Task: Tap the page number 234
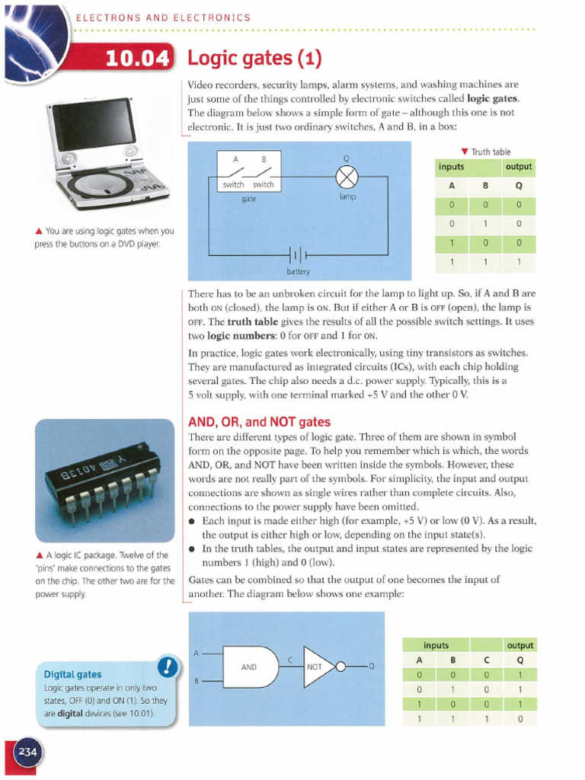click(28, 753)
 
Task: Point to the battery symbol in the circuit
click(299, 254)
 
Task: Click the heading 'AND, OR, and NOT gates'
click(259, 422)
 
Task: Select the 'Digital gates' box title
click(72, 674)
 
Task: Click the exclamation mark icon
click(167, 667)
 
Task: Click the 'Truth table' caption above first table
click(491, 152)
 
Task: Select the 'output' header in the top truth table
click(519, 167)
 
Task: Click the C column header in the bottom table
click(486, 660)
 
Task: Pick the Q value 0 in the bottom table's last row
click(519, 718)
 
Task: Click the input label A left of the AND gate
click(197, 653)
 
